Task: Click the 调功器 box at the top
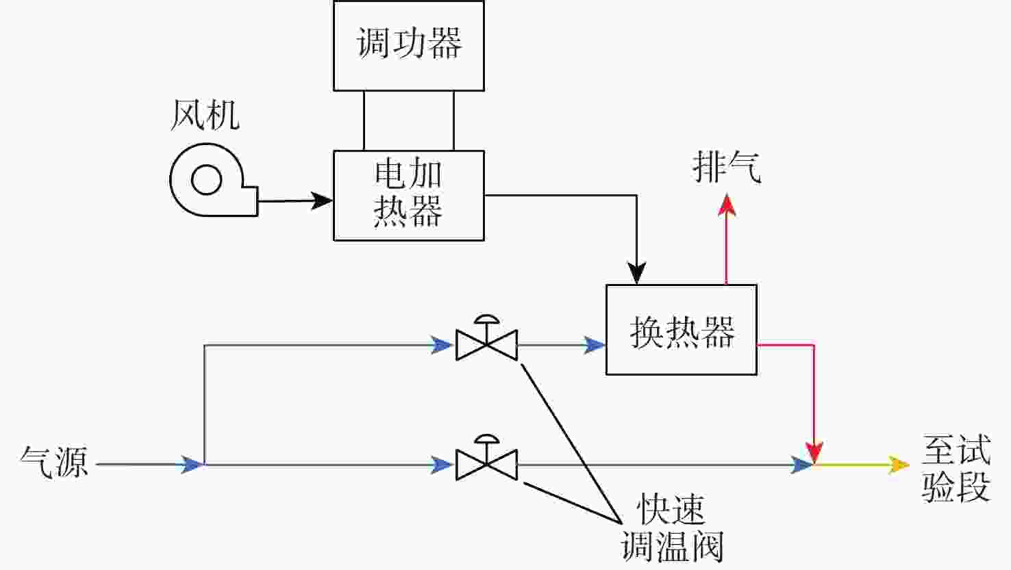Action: (x=408, y=45)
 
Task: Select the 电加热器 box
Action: (x=408, y=195)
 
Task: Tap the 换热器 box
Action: (x=681, y=330)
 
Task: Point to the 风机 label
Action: (x=205, y=115)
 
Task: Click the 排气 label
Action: (x=727, y=167)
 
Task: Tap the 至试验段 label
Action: (x=956, y=469)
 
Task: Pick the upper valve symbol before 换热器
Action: (x=486, y=339)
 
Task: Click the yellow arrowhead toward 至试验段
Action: (x=899, y=465)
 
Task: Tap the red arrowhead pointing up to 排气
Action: (x=727, y=205)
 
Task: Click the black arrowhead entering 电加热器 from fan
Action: (x=322, y=200)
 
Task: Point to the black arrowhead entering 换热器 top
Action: (x=637, y=274)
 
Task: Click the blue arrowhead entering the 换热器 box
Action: (x=595, y=345)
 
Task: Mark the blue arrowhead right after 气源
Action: (x=192, y=465)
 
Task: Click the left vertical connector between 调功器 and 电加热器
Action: (x=364, y=120)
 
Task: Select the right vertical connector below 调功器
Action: (x=453, y=120)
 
